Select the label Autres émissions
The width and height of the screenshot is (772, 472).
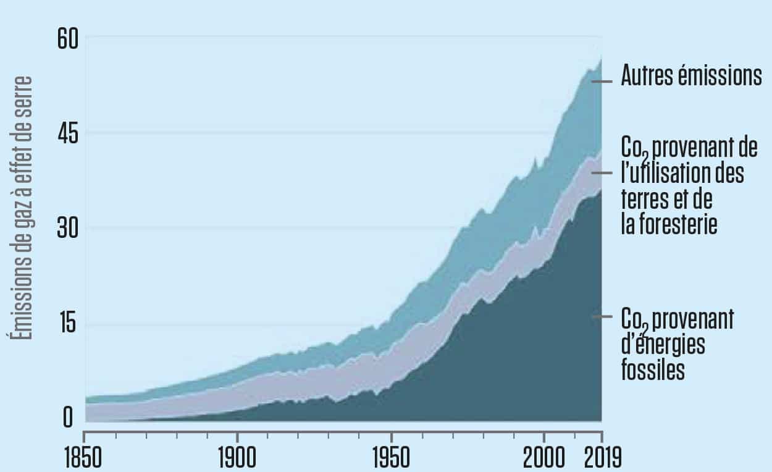pyautogui.click(x=691, y=77)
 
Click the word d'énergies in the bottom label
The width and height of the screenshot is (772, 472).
pyautogui.click(x=663, y=344)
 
